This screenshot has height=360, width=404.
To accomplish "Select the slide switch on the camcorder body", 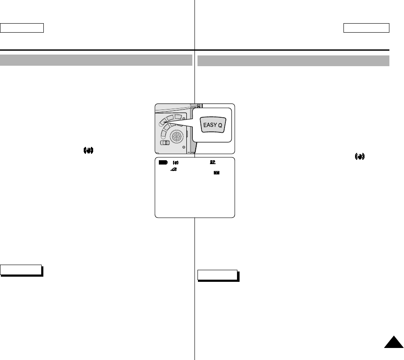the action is pyautogui.click(x=164, y=143).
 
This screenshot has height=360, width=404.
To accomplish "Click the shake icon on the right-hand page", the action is pyautogui.click(x=359, y=158).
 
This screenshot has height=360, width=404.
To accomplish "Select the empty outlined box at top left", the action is pyautogui.click(x=22, y=28).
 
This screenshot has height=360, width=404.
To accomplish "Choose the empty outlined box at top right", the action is pyautogui.click(x=366, y=28).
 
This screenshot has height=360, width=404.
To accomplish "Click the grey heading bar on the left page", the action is pyautogui.click(x=96, y=60).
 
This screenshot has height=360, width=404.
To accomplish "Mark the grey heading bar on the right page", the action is pyautogui.click(x=293, y=61).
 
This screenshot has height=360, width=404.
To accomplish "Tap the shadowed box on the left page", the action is pyautogui.click(x=21, y=270).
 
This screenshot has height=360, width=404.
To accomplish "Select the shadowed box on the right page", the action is pyautogui.click(x=218, y=275).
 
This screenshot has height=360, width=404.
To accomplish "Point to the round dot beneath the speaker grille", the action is pyautogui.click(x=183, y=147).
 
